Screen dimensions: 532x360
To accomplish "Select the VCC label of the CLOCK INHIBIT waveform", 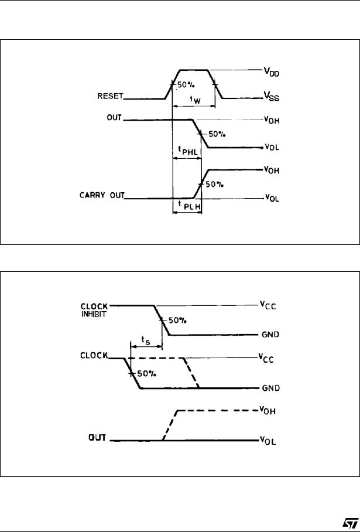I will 267,305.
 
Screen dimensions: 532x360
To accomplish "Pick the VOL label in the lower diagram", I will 268,441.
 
